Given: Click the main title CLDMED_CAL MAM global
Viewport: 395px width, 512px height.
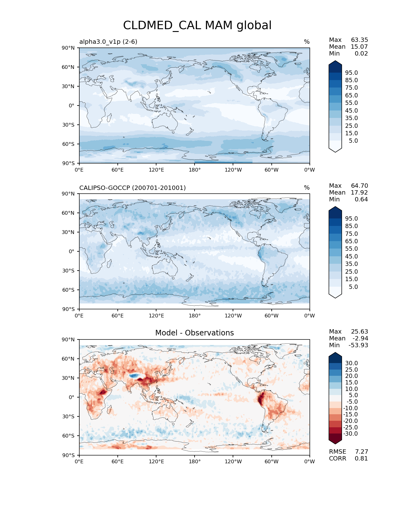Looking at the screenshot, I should [x=197, y=25].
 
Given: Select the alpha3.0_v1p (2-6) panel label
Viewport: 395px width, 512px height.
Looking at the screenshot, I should [x=108, y=42].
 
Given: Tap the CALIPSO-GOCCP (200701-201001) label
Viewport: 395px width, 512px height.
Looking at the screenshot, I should [x=133, y=188].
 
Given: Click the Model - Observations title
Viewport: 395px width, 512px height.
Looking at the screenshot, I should [x=194, y=333].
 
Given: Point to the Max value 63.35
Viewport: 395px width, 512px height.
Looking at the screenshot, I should [x=359, y=40].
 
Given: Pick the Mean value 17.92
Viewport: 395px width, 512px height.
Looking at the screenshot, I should [x=359, y=192].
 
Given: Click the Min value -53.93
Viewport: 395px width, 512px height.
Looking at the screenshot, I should [x=358, y=345].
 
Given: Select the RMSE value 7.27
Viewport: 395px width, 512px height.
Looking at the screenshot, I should [x=362, y=451].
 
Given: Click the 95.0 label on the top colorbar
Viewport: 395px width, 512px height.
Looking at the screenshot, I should [x=352, y=73].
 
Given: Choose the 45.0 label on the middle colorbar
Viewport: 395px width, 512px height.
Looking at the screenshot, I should [x=352, y=256].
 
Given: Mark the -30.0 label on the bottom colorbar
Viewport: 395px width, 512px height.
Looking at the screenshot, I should [x=350, y=433].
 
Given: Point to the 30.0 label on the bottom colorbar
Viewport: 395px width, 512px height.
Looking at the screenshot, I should [x=352, y=363].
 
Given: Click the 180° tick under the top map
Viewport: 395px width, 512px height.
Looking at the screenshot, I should [x=195, y=170].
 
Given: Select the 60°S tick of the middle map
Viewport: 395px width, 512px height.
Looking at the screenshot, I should [x=68, y=290].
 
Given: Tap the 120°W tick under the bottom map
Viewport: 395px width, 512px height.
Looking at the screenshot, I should [x=233, y=461].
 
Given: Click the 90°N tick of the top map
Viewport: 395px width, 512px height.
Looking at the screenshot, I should [x=68, y=48].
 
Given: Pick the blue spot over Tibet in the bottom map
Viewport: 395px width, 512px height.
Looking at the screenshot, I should [x=134, y=376].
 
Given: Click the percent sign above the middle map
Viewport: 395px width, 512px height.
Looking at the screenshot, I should [x=307, y=188].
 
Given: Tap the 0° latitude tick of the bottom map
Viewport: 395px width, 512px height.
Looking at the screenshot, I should [x=71, y=397].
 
